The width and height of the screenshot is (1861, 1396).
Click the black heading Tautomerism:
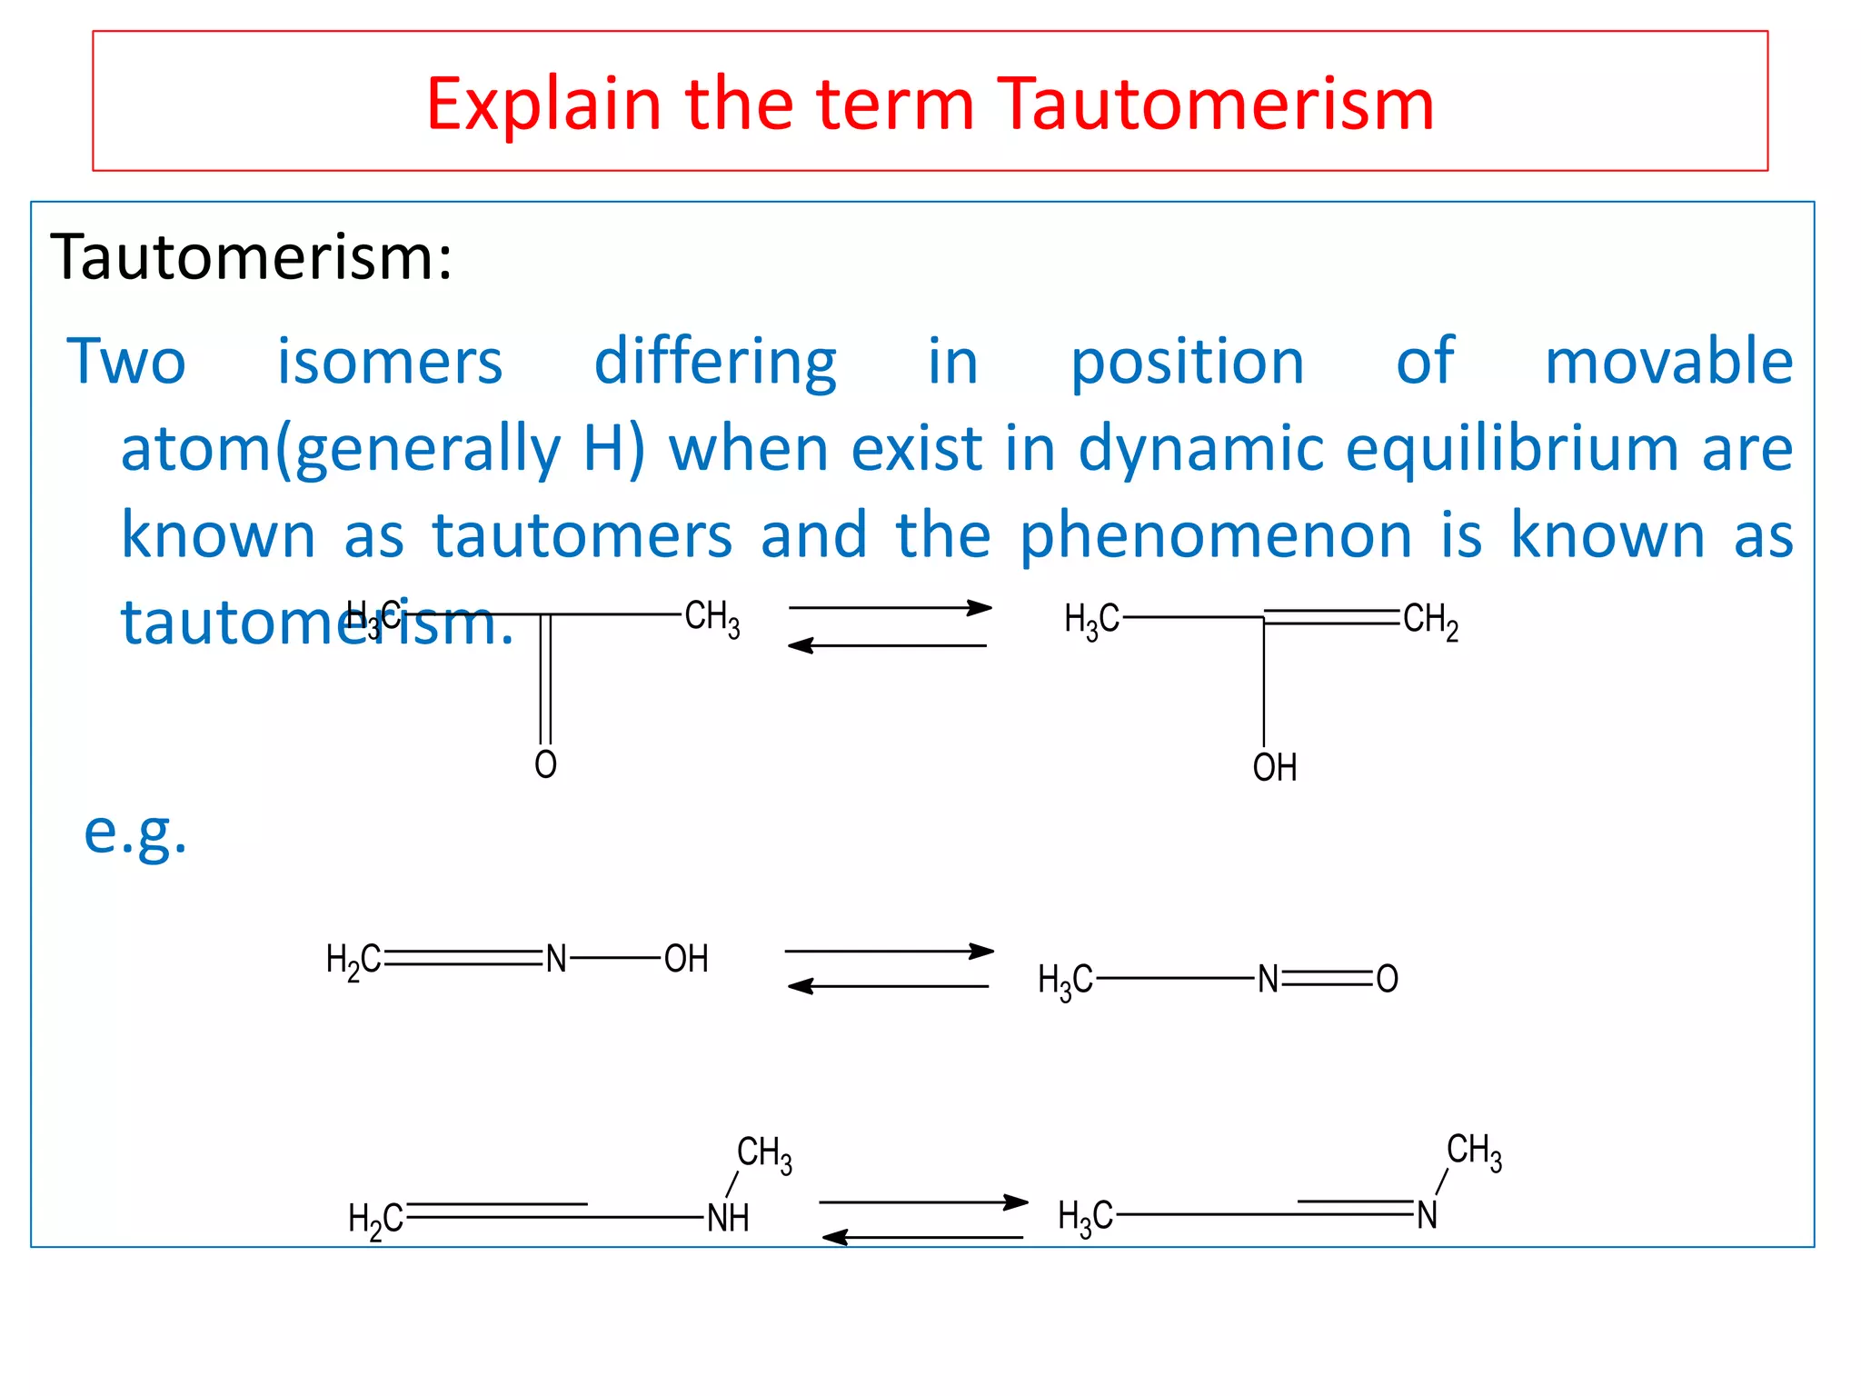[251, 257]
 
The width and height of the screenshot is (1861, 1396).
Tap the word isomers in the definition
[389, 362]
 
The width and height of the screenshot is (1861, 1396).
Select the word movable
[1668, 362]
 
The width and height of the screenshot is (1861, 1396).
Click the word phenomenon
[1216, 535]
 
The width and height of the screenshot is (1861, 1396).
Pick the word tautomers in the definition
[582, 535]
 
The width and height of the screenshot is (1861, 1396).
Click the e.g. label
[135, 832]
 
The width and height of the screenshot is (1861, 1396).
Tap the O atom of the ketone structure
[545, 764]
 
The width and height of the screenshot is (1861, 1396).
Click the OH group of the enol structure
[1274, 768]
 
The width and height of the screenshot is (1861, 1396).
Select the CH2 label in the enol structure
[1430, 621]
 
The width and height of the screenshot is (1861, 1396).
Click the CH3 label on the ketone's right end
[712, 618]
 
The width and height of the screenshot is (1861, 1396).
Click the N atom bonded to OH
[556, 959]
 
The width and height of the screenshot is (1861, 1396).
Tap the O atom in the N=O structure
[1387, 979]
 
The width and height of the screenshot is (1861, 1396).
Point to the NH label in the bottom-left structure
[728, 1218]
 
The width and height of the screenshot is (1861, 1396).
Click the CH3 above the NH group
[763, 1154]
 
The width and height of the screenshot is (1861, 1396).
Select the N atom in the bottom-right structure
[1427, 1215]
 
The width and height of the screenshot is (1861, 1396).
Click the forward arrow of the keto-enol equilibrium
[890, 607]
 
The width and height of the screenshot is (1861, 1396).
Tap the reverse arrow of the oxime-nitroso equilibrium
[888, 986]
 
